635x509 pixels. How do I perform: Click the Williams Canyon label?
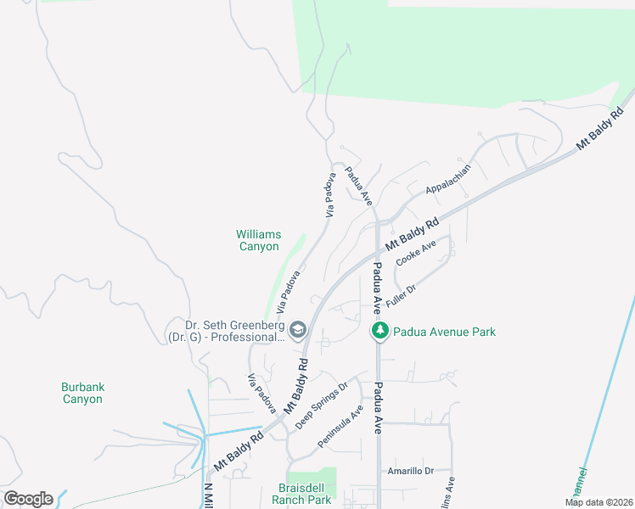pyautogui.click(x=258, y=240)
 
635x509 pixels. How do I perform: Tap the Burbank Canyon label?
pyautogui.click(x=83, y=393)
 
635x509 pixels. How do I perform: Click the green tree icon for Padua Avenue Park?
pyautogui.click(x=379, y=331)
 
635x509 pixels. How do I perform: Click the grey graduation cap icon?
pyautogui.click(x=297, y=330)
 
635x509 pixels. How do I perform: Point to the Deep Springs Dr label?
pyautogui.click(x=322, y=405)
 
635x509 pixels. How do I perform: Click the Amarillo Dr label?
pyautogui.click(x=410, y=471)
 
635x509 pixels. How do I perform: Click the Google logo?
pyautogui.click(x=28, y=499)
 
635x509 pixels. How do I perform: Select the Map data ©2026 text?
pyautogui.click(x=598, y=502)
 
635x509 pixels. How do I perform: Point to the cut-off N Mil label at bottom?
pyautogui.click(x=208, y=496)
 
